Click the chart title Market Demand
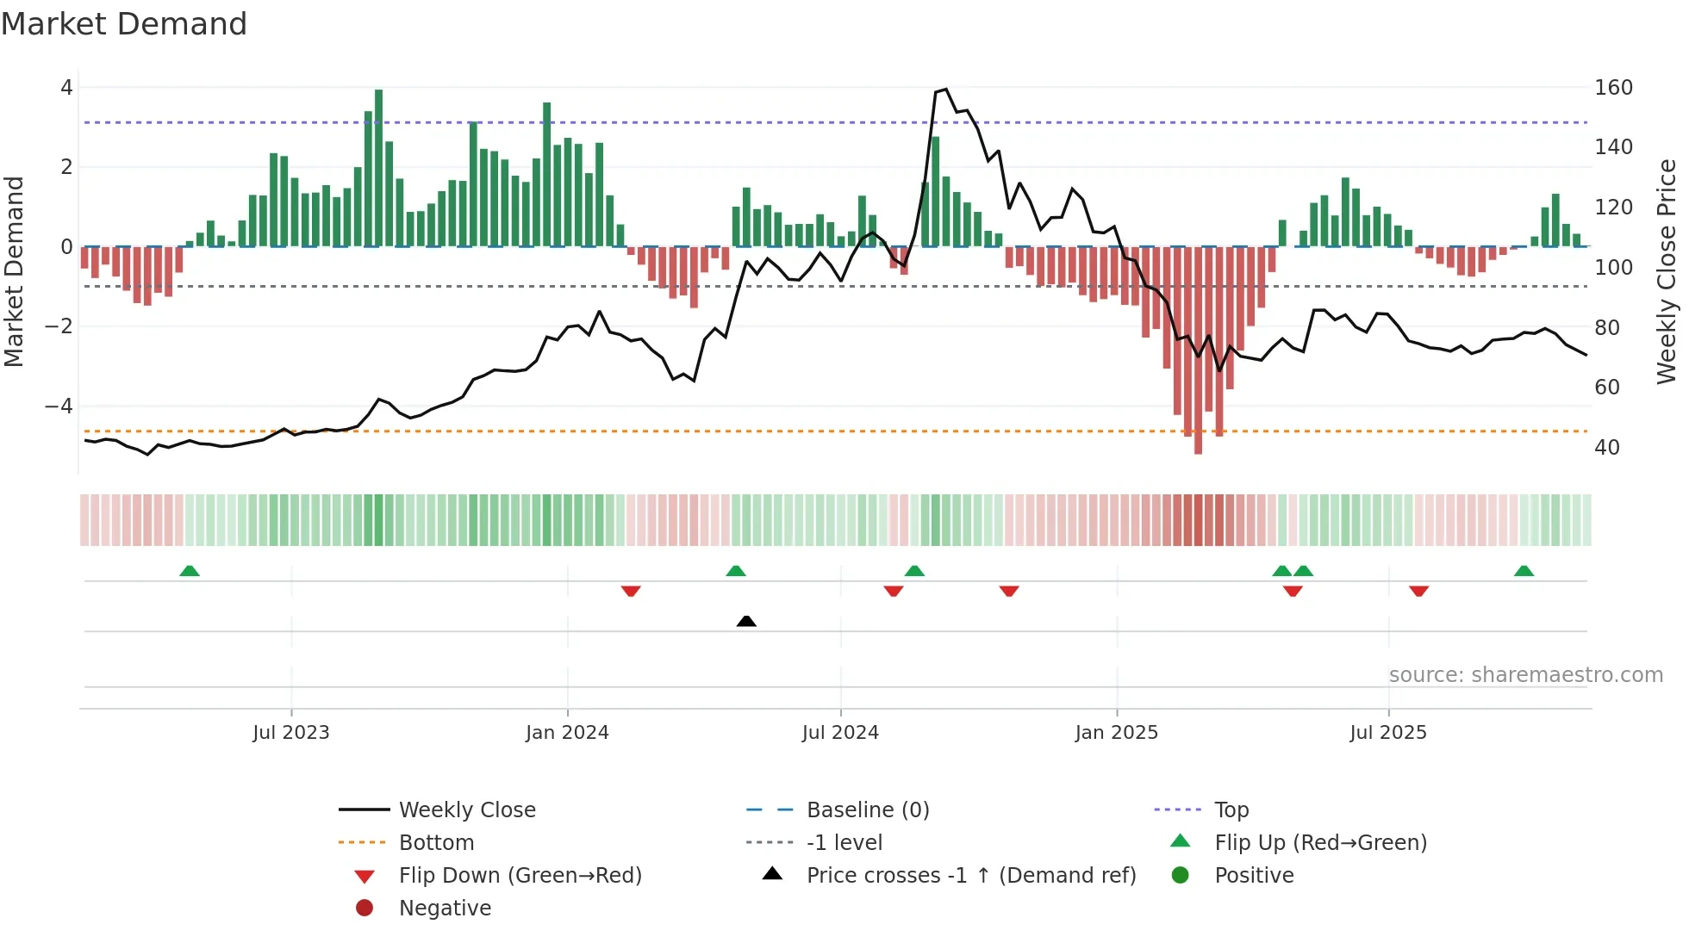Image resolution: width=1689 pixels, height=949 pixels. pos(124,24)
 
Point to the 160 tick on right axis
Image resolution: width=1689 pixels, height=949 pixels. pos(1612,88)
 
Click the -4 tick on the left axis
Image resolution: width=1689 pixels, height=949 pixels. pos(59,406)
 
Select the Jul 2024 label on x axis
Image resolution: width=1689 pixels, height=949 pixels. pos(839,733)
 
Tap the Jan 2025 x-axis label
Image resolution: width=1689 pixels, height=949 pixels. pos(1116,733)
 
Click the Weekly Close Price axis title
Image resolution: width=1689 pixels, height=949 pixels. pos(1667,271)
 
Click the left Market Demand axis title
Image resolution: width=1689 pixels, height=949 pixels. pos(15,271)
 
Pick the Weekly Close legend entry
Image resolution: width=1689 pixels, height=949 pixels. pos(466,810)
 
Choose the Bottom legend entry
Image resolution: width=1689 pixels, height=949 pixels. pos(436,843)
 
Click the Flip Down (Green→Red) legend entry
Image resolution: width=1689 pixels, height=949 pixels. pos(520,876)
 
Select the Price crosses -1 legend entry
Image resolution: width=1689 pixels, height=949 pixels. pos(970,876)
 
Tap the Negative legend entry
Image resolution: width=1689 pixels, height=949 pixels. pos(445,909)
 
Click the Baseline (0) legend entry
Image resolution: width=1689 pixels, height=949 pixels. pos(867,810)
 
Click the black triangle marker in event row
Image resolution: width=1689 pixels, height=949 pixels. pos(746,622)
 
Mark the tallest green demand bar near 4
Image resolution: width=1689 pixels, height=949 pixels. pos(378,168)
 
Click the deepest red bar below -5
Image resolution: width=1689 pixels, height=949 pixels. pos(1198,349)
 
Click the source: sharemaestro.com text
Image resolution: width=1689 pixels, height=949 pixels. pos(1525,675)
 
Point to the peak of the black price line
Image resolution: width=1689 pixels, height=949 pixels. pos(946,90)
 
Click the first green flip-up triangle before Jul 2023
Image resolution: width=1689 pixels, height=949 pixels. pos(190,571)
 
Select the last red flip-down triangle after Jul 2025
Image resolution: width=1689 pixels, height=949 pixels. pos(1418,591)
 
